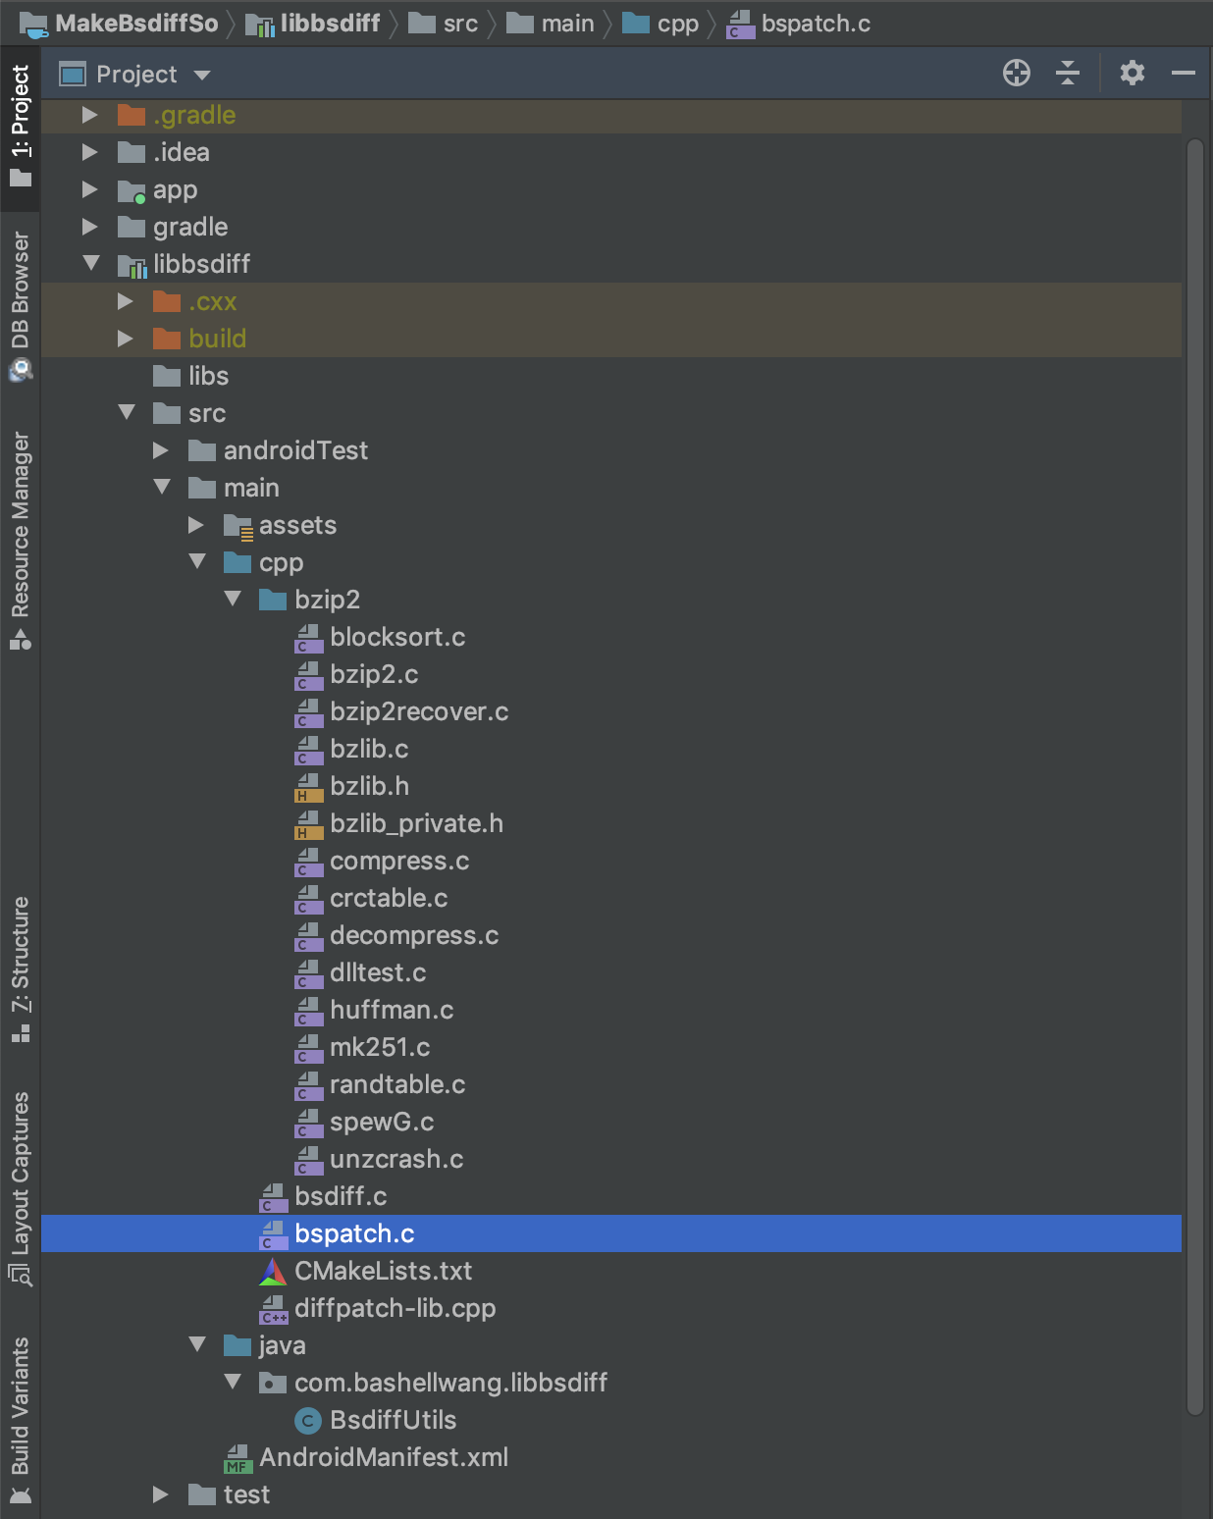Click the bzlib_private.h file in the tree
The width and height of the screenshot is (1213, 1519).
coord(415,823)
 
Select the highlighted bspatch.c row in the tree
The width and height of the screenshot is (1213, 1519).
coord(354,1233)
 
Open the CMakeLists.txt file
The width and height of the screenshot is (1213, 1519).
coord(383,1271)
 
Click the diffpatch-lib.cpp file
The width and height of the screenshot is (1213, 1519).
coord(395,1308)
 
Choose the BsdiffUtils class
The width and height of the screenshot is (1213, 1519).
coord(393,1420)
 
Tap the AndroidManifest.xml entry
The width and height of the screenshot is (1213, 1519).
coord(383,1457)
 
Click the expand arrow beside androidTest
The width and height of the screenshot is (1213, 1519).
coord(161,450)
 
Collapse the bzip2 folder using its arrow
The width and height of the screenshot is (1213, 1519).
coord(233,599)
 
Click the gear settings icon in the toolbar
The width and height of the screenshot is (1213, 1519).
coord(1133,73)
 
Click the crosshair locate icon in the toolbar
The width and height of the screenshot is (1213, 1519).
coord(1017,73)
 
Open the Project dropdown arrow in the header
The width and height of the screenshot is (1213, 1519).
coord(202,75)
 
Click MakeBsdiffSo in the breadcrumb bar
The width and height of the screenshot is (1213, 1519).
coord(135,24)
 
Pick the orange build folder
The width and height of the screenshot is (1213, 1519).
coord(217,339)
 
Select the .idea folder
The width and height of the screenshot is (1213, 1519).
coord(181,152)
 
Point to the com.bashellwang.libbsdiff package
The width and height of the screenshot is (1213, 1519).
coord(450,1383)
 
